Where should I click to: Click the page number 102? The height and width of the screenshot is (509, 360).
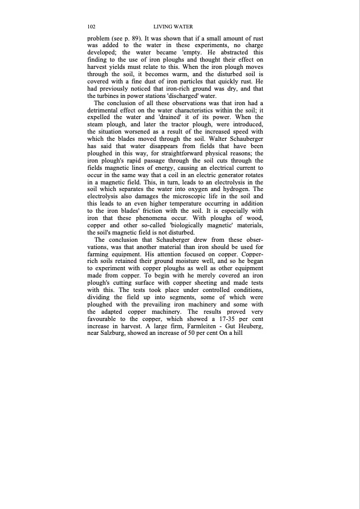92,27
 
